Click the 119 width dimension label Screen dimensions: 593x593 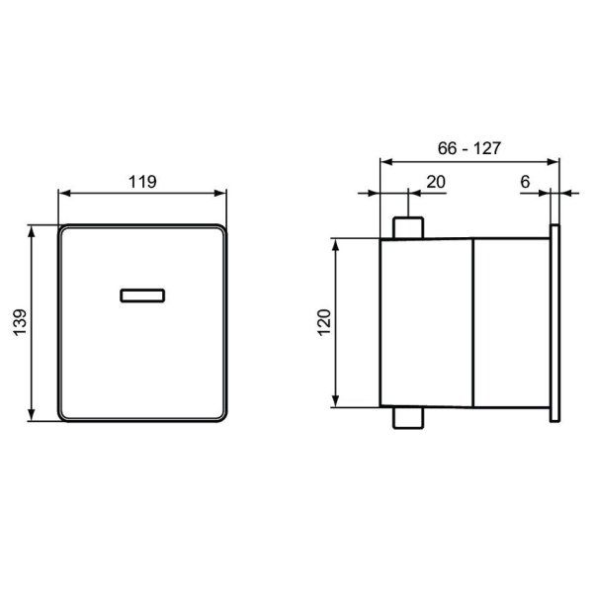143,181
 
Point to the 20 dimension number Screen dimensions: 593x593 435,181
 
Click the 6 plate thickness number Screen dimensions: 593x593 524,181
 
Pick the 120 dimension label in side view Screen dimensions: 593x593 322,322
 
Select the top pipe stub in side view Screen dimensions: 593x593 409,227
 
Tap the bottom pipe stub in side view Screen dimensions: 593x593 409,418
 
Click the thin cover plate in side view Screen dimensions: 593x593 556,322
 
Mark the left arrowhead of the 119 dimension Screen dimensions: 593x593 63,193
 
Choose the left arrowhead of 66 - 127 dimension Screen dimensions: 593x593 385,160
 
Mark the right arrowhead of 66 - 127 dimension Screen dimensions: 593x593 555,160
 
